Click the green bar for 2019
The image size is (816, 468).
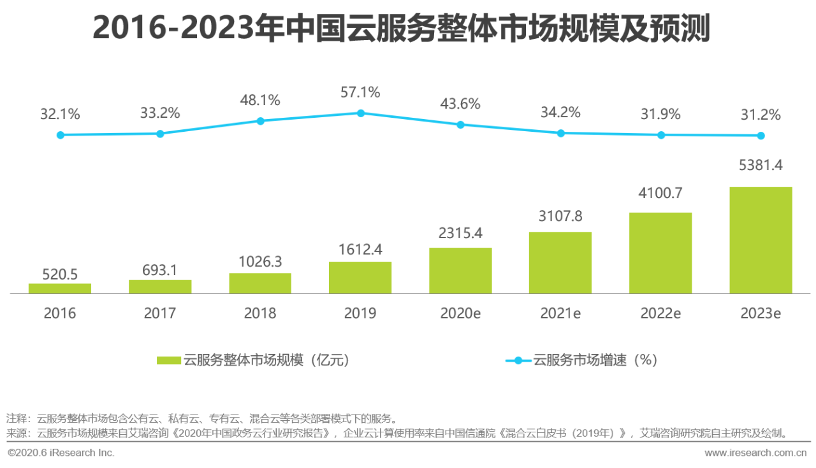point(360,278)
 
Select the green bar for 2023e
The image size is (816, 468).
point(761,240)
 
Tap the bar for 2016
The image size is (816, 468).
point(60,288)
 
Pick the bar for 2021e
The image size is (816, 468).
point(560,262)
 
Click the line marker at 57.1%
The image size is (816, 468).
point(360,113)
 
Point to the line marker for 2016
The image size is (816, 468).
point(60,135)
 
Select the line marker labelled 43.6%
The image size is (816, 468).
point(460,124)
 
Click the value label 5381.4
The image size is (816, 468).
point(761,166)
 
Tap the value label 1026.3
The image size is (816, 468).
point(260,262)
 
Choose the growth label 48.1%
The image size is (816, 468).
point(260,100)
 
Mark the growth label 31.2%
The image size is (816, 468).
point(761,115)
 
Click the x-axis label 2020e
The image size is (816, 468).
point(460,313)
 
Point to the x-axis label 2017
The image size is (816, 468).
point(160,313)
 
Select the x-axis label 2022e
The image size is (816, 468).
point(660,313)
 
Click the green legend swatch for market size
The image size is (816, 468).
point(169,360)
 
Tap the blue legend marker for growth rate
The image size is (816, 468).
point(518,360)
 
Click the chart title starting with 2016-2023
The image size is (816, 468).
point(401,29)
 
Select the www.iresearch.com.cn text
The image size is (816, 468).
point(755,453)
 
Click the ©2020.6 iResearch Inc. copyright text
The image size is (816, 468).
point(61,453)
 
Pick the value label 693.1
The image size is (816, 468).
point(160,269)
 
